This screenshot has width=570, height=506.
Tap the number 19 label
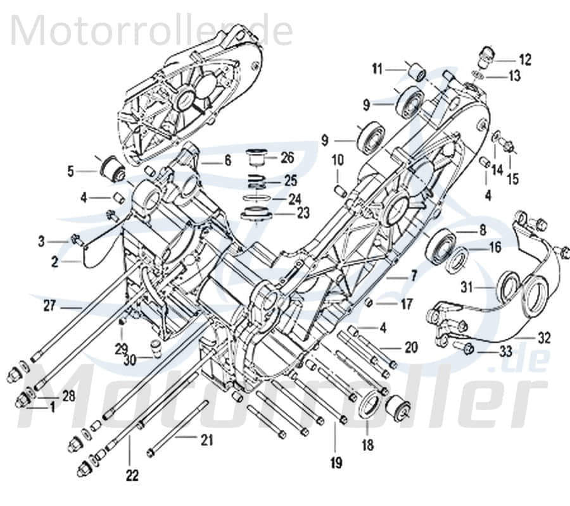coord(336,464)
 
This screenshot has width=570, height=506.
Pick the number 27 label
coord(49,307)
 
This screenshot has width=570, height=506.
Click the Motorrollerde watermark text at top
coord(152,30)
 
